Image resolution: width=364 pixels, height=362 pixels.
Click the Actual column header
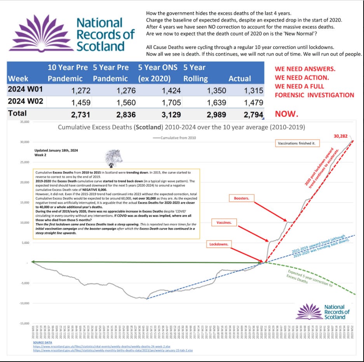coord(240,78)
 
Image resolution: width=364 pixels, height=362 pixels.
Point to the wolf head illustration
coord(114,158)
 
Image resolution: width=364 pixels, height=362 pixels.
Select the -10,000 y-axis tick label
coord(24,303)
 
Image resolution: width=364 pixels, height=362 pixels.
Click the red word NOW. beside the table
coord(286,114)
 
